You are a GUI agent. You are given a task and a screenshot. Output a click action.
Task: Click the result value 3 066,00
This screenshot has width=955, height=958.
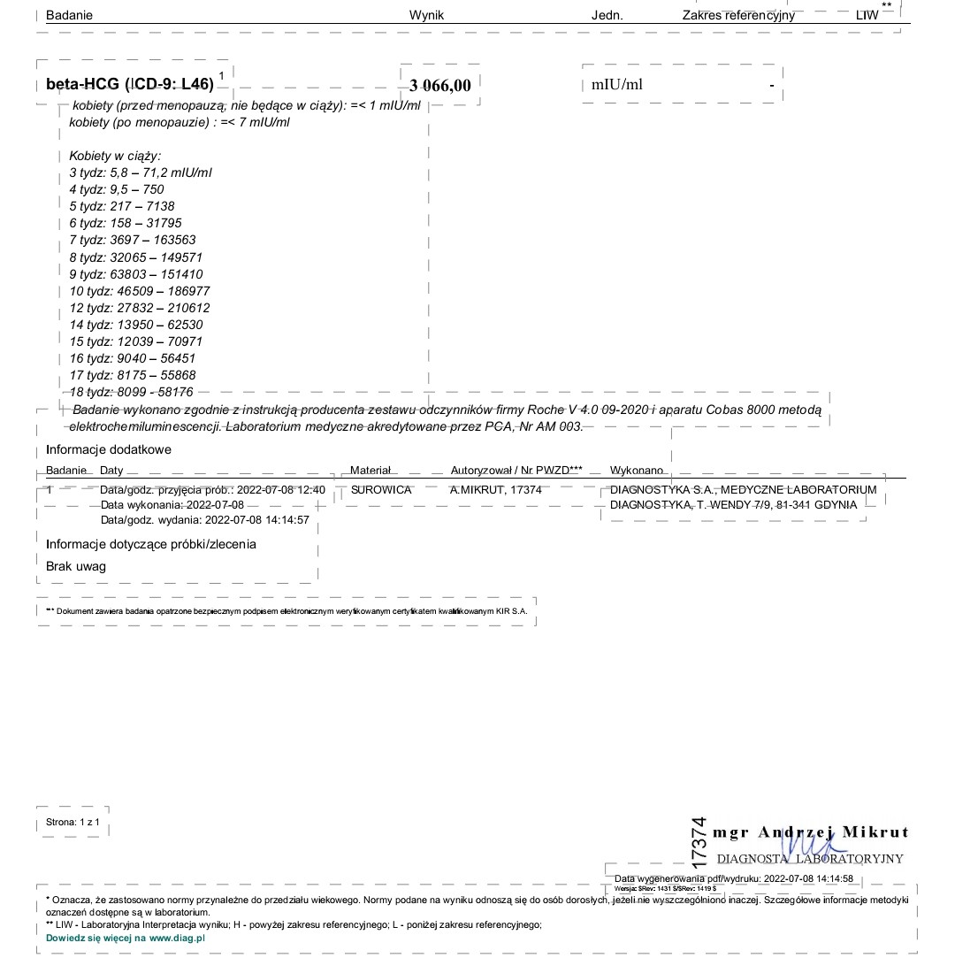pos(440,85)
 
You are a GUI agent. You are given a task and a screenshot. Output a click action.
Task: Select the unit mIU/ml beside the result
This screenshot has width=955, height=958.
pos(617,85)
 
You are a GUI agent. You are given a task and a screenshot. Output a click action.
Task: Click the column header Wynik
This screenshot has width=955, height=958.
pos(426,15)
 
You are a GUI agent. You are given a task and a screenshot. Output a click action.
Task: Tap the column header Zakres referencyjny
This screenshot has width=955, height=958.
pos(738,15)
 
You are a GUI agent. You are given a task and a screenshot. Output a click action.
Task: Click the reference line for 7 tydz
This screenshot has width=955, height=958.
pos(133,240)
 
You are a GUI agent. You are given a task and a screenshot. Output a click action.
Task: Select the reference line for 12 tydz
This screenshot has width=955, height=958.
pos(140,308)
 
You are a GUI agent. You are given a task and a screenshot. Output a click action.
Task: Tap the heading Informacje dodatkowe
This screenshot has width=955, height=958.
pos(109,449)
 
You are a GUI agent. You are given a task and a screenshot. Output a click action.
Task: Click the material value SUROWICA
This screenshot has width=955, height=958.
pos(381,489)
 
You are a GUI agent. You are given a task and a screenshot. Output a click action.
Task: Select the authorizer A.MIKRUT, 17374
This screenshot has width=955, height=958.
pos(496,489)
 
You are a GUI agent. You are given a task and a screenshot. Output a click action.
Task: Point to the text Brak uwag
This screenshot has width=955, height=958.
pos(76,566)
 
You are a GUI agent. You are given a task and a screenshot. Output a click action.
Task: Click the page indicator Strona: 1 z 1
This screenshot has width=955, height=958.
pos(73,823)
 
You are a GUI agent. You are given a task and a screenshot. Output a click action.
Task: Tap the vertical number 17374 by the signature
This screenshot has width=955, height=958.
pos(699,841)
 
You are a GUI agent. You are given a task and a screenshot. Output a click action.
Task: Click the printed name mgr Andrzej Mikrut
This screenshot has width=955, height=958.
pos(810,832)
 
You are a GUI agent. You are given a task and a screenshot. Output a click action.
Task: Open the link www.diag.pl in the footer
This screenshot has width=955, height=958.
pos(177,937)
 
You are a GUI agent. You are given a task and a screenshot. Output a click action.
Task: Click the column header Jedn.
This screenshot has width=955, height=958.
pos(607,15)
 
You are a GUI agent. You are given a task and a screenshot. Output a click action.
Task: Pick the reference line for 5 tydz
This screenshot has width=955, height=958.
pos(122,206)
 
